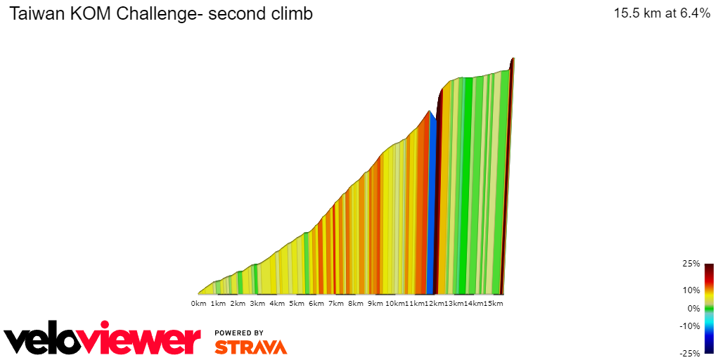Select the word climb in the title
[x=290, y=13]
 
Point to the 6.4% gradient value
[x=693, y=13]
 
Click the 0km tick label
[x=198, y=304]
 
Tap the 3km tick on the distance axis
[x=257, y=304]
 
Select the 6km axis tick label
[x=316, y=304]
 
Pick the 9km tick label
[x=375, y=304]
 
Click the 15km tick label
[x=494, y=304]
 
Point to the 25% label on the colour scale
[x=690, y=264]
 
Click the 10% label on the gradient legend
[x=690, y=290]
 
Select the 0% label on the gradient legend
[x=693, y=308]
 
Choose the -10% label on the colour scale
[x=689, y=326]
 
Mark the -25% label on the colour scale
[x=689, y=353]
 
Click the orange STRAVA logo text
[x=250, y=347]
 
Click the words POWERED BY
[x=239, y=333]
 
